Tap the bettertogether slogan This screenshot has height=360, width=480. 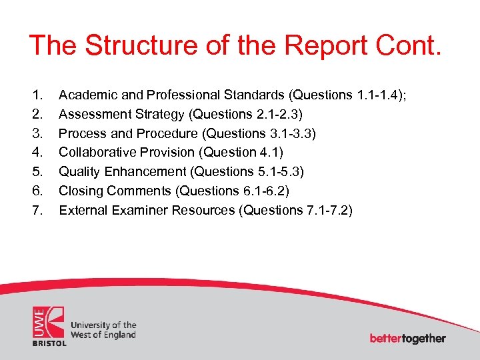coord(407,338)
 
